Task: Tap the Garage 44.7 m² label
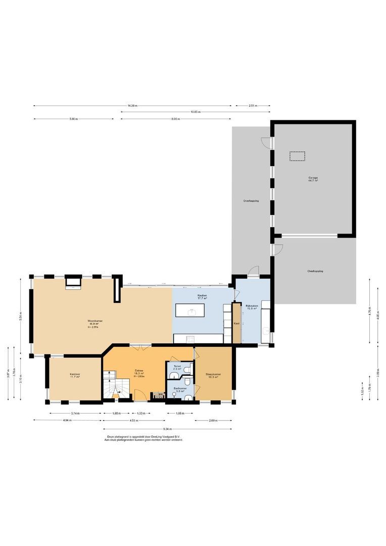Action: click(x=313, y=179)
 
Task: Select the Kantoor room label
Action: click(x=75, y=375)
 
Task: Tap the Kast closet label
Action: click(x=236, y=323)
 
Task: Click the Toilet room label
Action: click(x=177, y=367)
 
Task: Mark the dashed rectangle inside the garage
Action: click(x=297, y=156)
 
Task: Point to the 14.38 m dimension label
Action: click(x=132, y=106)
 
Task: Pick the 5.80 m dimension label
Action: click(x=74, y=119)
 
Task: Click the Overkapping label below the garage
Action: click(x=315, y=271)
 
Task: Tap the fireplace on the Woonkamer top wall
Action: click(x=72, y=282)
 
